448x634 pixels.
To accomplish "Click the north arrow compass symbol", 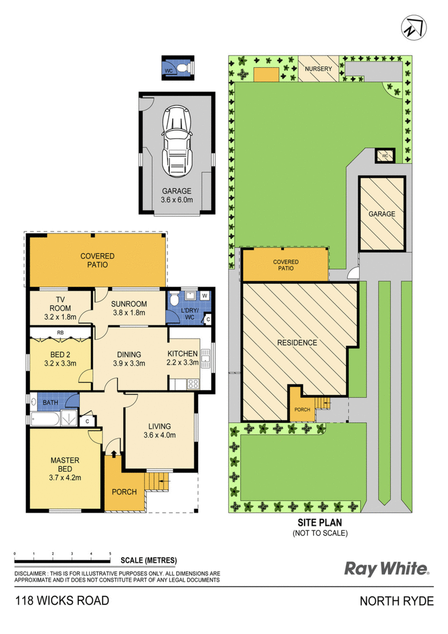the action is tap(414, 27).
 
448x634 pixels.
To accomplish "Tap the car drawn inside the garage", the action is tap(176, 141).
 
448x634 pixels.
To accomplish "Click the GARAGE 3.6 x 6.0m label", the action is tap(176, 195).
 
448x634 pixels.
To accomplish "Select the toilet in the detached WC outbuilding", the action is tap(183, 67).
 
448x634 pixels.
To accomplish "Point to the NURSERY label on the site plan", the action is tap(318, 69).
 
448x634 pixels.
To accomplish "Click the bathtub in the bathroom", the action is tap(45, 419).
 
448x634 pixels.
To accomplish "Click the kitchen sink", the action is tap(206, 358).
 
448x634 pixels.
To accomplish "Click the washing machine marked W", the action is tap(205, 295).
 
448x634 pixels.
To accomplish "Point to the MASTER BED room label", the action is tap(65, 469).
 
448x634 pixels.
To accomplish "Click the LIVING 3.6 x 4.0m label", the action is tap(160, 431).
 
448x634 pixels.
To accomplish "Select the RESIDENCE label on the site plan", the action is tap(297, 343).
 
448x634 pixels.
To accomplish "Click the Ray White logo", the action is tap(386, 569).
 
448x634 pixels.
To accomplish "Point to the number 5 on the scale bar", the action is tap(110, 553).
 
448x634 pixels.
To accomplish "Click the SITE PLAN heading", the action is tap(320, 522).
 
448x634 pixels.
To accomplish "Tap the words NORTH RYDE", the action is tap(396, 601).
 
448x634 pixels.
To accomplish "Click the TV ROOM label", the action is tap(60, 308).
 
